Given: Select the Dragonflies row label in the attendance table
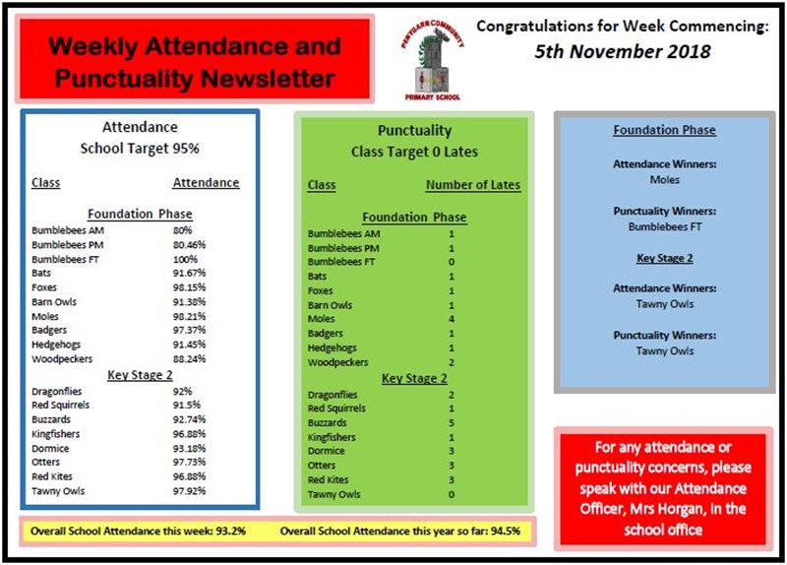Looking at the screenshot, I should pyautogui.click(x=58, y=390).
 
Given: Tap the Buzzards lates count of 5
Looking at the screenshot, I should pyautogui.click(x=451, y=422).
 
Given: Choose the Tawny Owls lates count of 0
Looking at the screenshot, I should pyautogui.click(x=451, y=494).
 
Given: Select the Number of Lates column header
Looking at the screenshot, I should pyautogui.click(x=472, y=185).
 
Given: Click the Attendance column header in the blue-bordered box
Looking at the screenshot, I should pyautogui.click(x=206, y=183).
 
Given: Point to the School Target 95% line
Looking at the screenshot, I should pyautogui.click(x=140, y=149).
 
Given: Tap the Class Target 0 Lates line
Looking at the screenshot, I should pyautogui.click(x=414, y=152).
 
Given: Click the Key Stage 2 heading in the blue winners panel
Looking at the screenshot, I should pyautogui.click(x=664, y=257).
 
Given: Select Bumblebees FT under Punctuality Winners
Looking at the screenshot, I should pyautogui.click(x=664, y=226).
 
